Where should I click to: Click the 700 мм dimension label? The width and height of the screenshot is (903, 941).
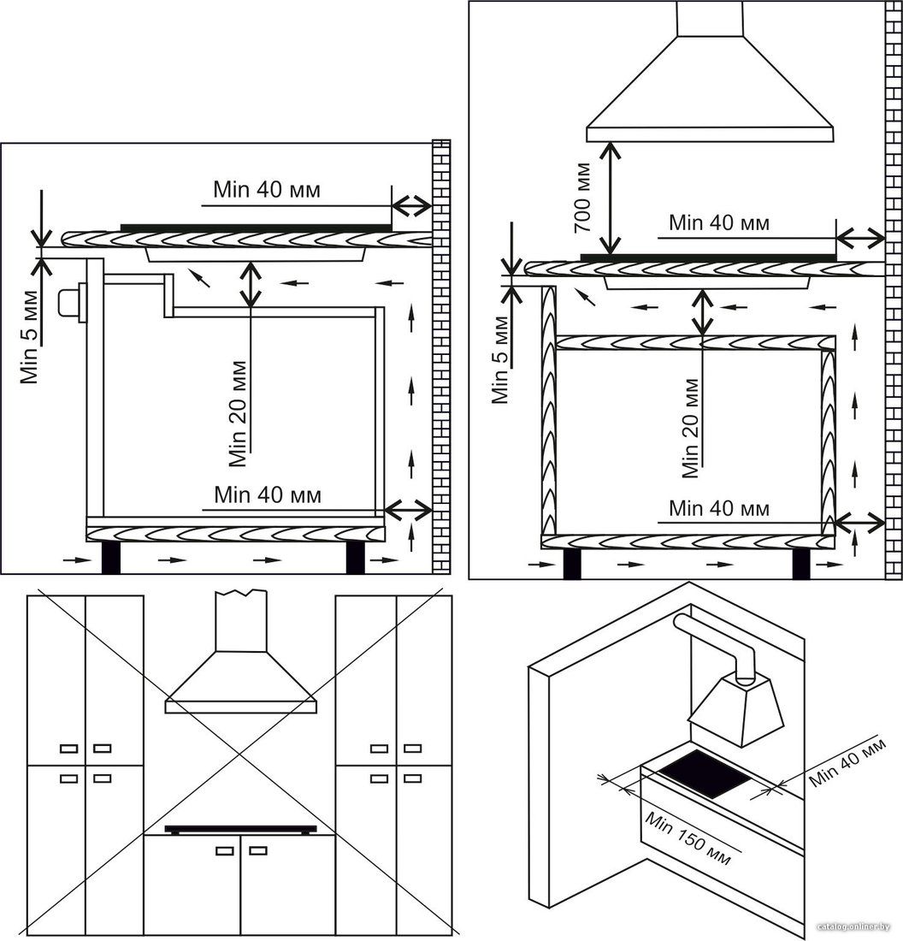point(583,197)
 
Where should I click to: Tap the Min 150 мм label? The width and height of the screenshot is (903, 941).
point(688,839)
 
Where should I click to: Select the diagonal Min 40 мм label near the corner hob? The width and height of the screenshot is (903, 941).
point(847,762)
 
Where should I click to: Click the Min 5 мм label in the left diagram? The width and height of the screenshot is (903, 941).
point(29,337)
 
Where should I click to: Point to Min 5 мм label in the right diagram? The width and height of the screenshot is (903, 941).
point(500,360)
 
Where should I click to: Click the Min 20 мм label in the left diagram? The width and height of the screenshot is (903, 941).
point(239,414)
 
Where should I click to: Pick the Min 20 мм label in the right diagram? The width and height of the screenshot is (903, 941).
point(691,428)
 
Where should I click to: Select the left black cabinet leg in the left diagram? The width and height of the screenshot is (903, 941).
point(111,558)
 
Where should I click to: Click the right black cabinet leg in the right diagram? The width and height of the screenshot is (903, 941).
point(800,564)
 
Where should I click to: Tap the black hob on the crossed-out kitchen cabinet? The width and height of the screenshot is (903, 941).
point(240,830)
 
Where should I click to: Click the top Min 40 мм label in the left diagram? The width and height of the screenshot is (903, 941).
point(267,190)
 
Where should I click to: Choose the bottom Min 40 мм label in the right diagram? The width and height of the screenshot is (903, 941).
point(719,508)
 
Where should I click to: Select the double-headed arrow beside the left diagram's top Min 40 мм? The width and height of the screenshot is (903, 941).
point(411,206)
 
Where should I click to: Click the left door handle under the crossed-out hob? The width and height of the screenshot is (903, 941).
point(225,850)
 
